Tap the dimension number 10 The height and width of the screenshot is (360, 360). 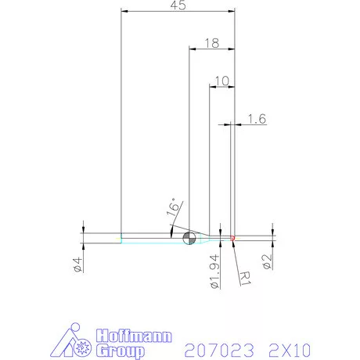[221, 81]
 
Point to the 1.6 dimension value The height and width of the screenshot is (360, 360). [257, 119]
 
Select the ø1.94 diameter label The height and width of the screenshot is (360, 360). [214, 270]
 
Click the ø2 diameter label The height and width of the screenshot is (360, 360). [268, 260]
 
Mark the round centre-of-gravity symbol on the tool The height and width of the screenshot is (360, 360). [188, 237]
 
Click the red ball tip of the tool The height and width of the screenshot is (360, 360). [233, 236]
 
